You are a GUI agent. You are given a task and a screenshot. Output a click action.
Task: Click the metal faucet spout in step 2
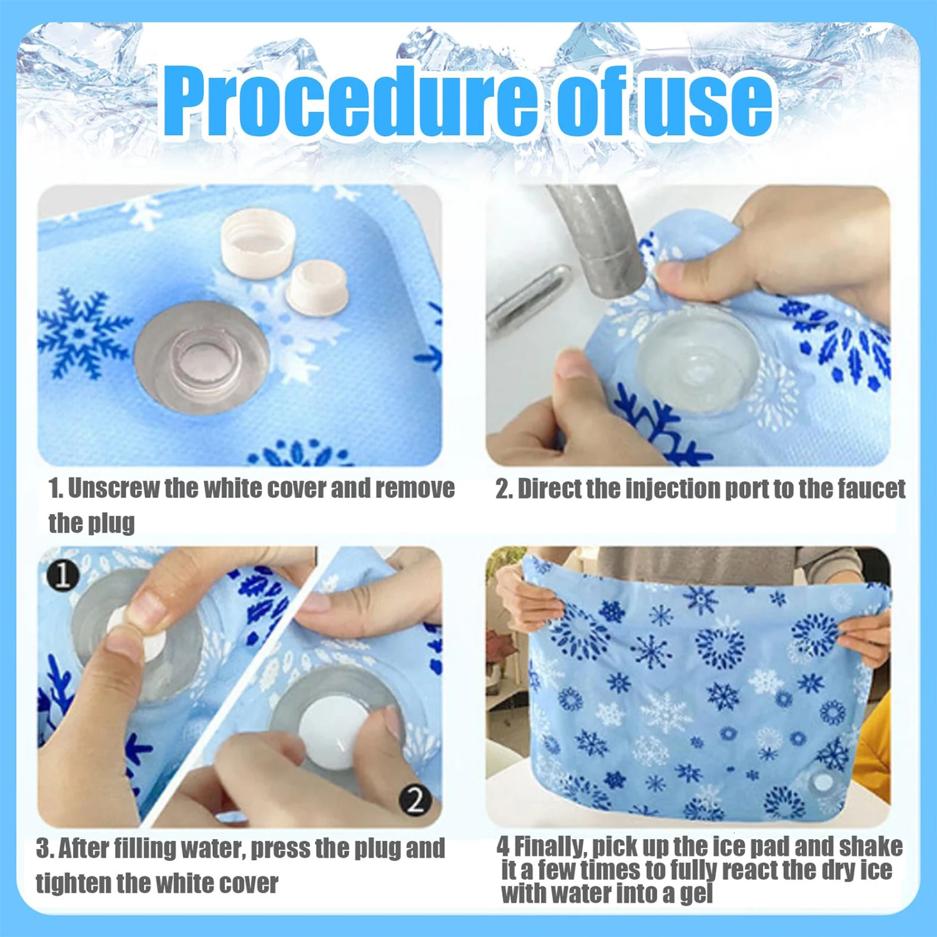click(x=600, y=244)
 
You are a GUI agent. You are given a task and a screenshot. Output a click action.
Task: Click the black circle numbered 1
click(x=62, y=575)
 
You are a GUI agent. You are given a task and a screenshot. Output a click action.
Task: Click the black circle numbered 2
click(x=415, y=799)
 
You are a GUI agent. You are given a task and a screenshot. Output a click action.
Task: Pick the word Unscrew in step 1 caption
click(x=113, y=488)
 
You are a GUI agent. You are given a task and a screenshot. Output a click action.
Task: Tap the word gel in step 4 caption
click(x=696, y=893)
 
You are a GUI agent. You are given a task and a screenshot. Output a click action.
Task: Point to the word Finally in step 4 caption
click(x=550, y=846)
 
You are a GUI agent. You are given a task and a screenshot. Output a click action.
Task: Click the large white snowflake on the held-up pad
click(x=666, y=712)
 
